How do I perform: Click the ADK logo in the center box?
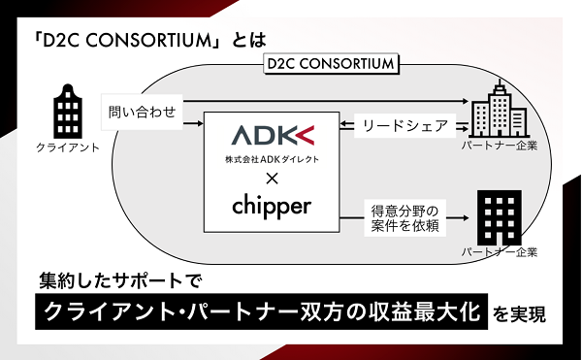coord(273,135)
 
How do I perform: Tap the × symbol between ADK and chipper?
coord(273,179)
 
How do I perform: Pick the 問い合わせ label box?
coord(143,112)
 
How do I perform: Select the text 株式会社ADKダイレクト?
coord(273,156)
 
